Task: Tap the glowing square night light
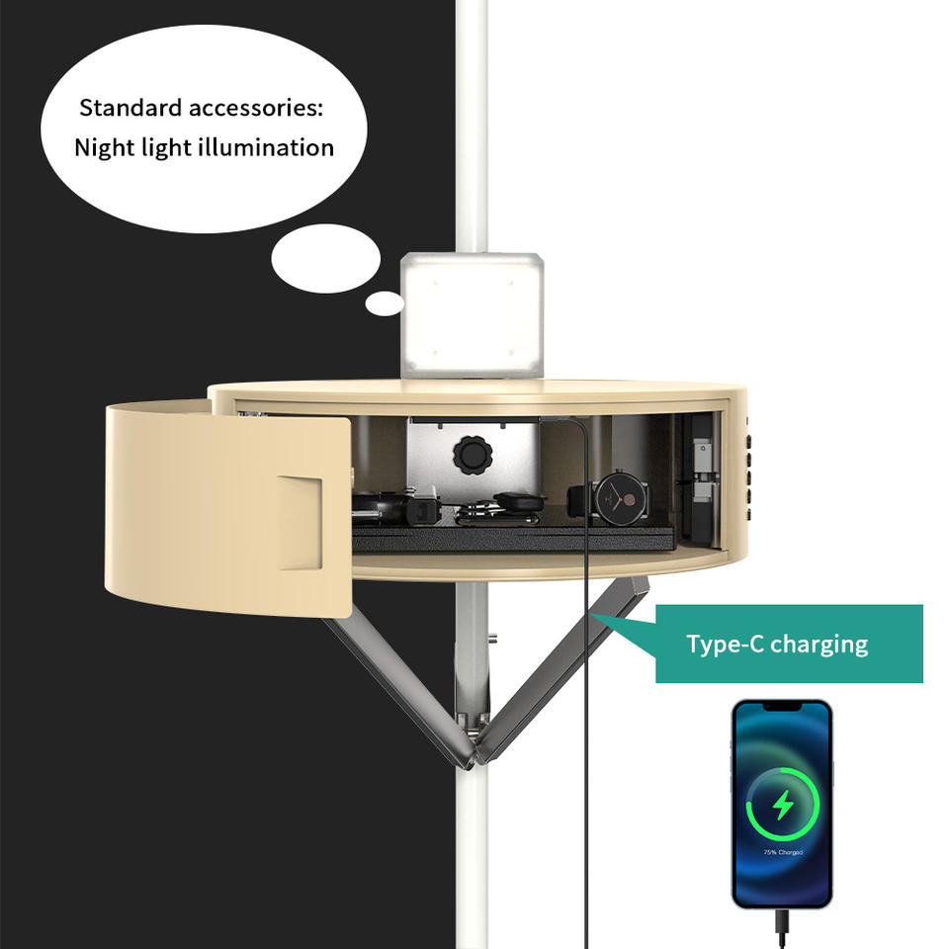coord(473,314)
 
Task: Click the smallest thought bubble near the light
coord(384,303)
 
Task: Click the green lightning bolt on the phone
coord(782,807)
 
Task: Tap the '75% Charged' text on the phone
coord(782,852)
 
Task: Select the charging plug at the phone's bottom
coord(782,925)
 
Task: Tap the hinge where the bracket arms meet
coord(474,757)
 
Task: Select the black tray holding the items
coord(514,539)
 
